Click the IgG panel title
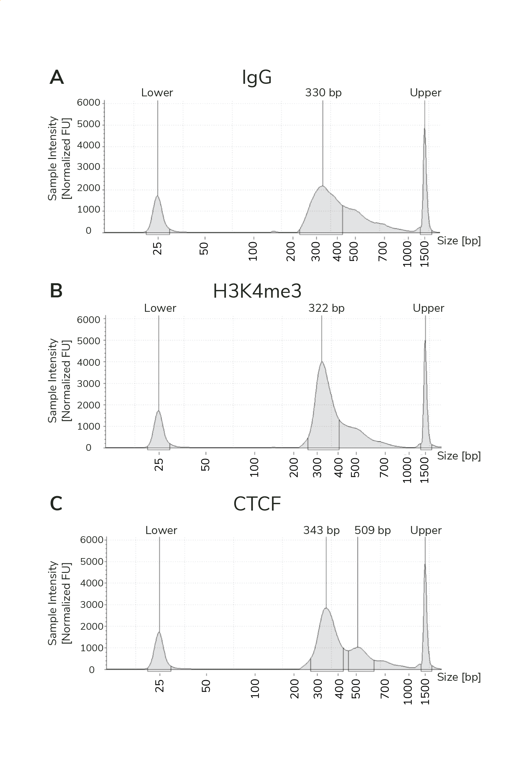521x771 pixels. click(257, 78)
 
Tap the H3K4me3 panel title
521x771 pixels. click(257, 291)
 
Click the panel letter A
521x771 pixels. click(57, 77)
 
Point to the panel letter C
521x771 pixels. click(56, 503)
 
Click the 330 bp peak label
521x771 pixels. click(323, 92)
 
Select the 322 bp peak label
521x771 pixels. click(326, 308)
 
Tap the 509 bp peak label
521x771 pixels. click(372, 530)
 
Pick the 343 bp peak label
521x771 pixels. click(321, 530)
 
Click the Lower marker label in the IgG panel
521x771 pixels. click(157, 92)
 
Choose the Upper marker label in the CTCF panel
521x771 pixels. click(425, 530)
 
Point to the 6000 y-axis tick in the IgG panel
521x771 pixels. click(88, 102)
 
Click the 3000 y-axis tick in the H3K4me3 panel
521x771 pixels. click(88, 383)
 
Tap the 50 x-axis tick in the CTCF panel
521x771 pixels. click(206, 685)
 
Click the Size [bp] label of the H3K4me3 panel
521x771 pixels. click(459, 456)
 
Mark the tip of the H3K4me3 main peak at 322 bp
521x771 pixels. click(321, 362)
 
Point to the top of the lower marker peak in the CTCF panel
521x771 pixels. click(159, 632)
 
